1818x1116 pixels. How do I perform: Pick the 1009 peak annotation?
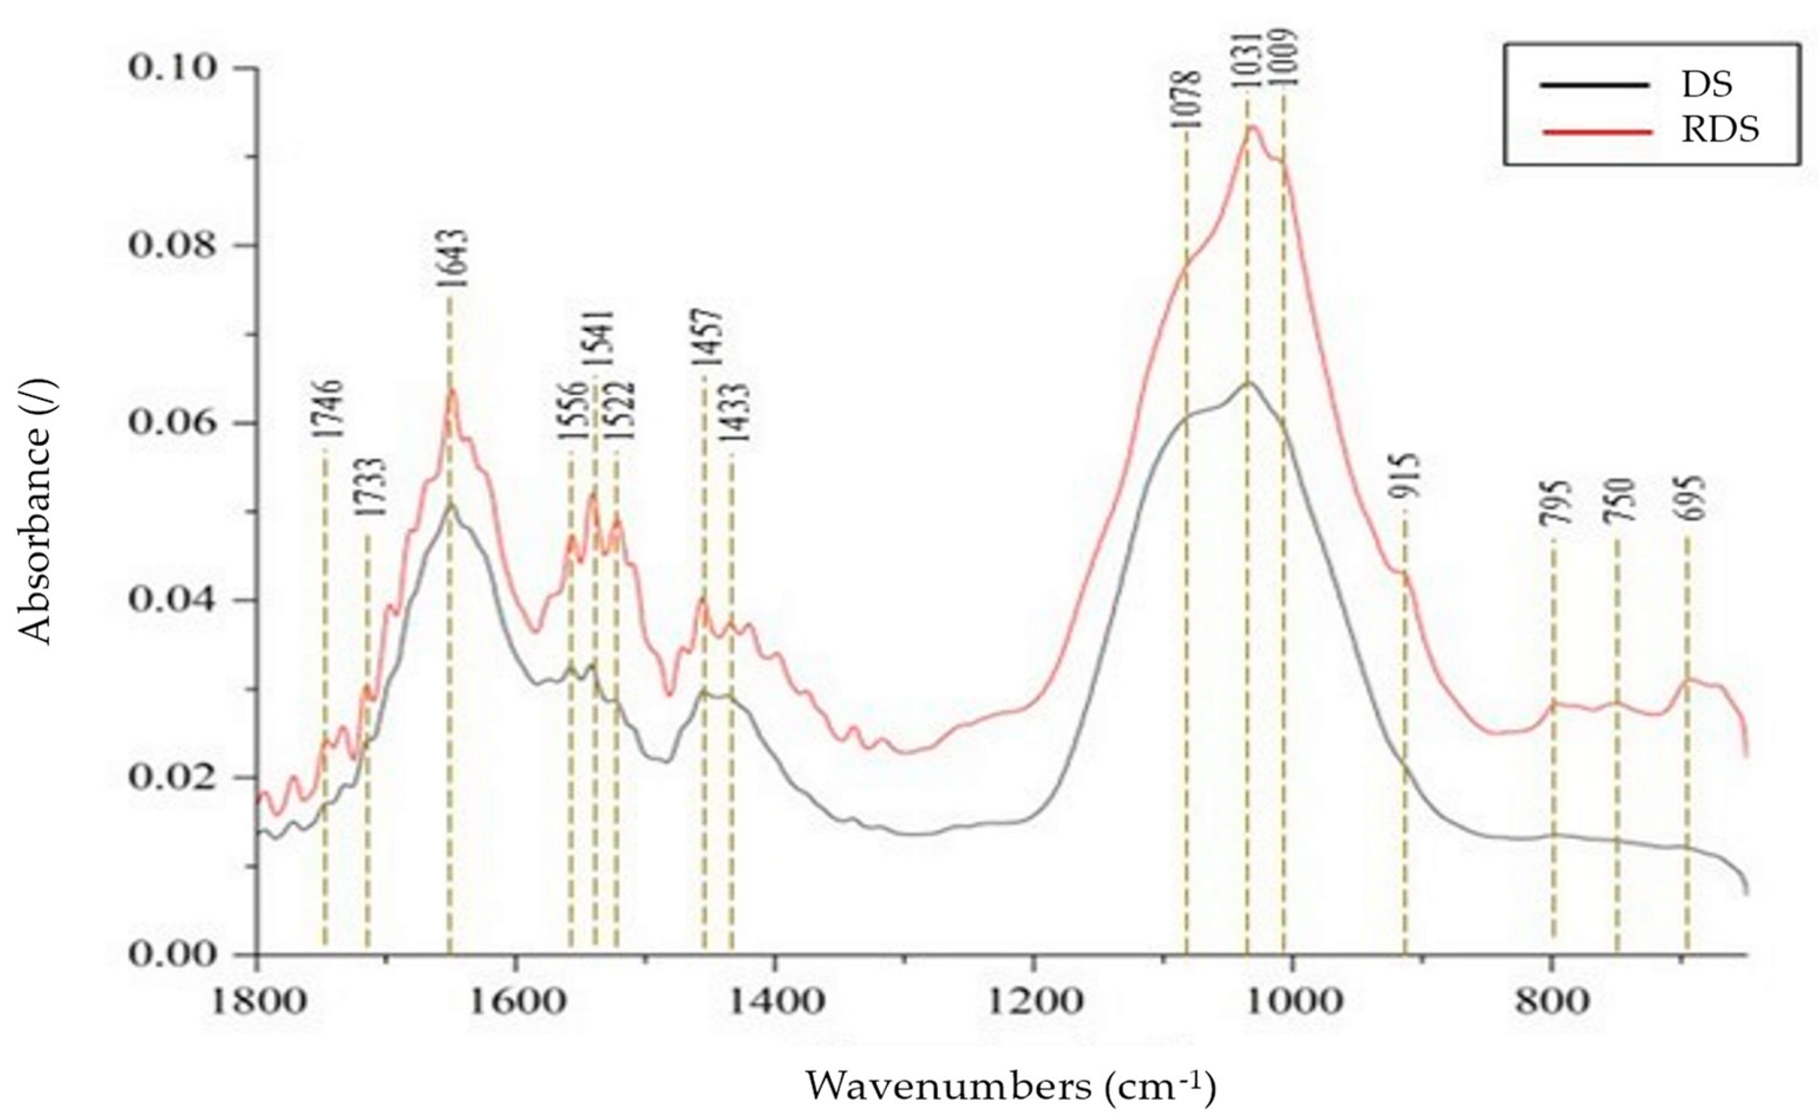click(x=1283, y=59)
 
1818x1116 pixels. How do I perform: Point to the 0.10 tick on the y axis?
click(x=172, y=68)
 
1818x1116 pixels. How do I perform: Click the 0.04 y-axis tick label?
click(x=172, y=599)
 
